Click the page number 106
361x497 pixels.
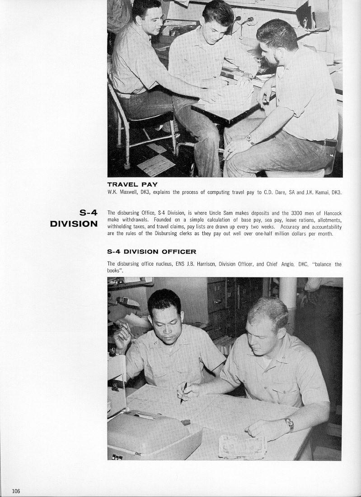pos(16,491)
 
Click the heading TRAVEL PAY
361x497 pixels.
pos(132,184)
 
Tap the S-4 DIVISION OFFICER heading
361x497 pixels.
pos(151,252)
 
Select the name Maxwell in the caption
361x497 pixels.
pos(128,192)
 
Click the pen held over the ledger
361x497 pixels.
pos(183,393)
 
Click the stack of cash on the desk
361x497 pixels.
pos(242,446)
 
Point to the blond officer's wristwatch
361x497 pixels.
pos(289,423)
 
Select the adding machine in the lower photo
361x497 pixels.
pos(151,434)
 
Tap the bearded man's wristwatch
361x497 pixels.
pos(250,140)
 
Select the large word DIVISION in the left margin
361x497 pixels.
pos(74,224)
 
